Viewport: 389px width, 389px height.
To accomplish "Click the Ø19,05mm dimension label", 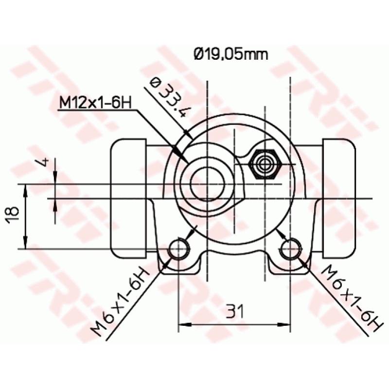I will pyautogui.click(x=230, y=54).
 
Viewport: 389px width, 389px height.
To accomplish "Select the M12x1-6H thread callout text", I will pyautogui.click(x=96, y=103).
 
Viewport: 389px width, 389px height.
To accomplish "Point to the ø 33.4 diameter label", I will pyautogui.click(x=168, y=98).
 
